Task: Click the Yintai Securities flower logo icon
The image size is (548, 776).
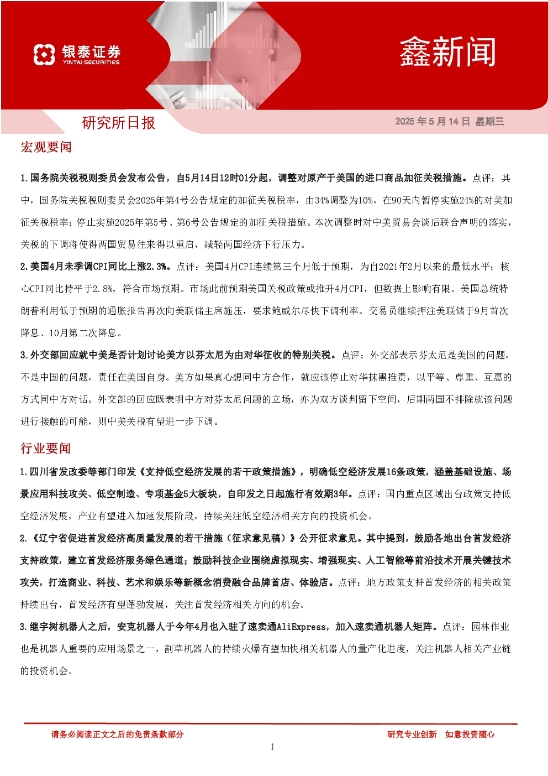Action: [x=44, y=54]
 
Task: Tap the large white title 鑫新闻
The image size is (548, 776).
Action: [x=447, y=52]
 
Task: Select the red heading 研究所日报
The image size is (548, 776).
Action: [x=118, y=123]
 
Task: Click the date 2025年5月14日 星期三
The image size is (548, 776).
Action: [x=450, y=121]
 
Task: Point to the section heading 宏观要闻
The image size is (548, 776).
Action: [x=46, y=147]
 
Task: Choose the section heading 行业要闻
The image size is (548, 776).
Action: [x=45, y=448]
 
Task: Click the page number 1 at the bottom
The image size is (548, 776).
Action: [x=272, y=747]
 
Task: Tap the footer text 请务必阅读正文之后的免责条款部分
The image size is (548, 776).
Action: [x=117, y=734]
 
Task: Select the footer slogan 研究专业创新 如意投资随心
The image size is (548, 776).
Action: [x=441, y=734]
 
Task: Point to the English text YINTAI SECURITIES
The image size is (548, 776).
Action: [x=91, y=63]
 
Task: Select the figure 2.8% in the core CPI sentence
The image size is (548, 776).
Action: [x=103, y=289]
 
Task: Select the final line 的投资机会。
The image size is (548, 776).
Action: [x=46, y=671]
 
